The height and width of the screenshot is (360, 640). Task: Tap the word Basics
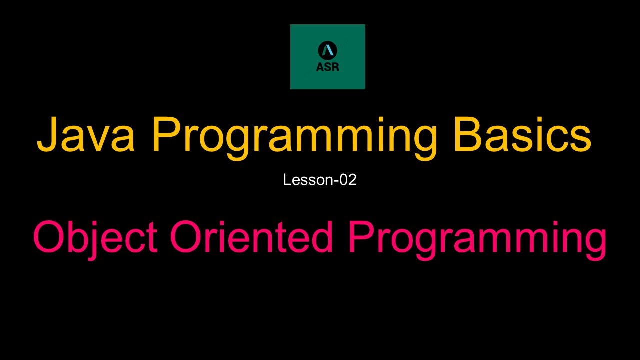[522, 135]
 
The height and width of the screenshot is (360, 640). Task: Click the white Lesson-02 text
[320, 180]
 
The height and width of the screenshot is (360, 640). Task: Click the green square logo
[327, 57]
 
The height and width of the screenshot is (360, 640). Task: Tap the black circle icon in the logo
[327, 50]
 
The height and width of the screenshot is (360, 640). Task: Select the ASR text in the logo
[327, 67]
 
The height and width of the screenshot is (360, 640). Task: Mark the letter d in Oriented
[323, 237]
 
